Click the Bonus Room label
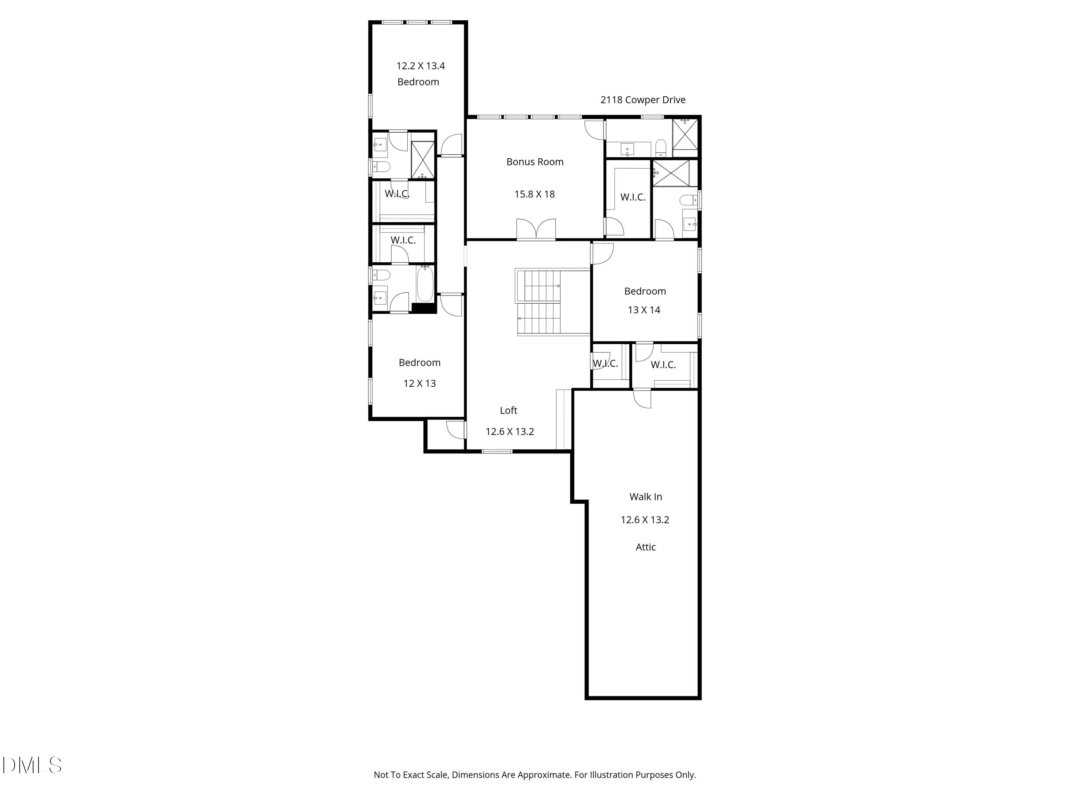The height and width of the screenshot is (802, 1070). click(535, 162)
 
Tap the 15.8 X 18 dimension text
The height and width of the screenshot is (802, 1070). click(535, 194)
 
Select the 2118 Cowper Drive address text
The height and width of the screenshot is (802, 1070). click(643, 100)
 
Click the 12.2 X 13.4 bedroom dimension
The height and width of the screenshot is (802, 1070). click(421, 66)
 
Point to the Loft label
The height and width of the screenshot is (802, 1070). click(508, 410)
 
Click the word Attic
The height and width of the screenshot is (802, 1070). click(645, 547)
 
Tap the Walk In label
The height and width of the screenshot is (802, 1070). click(645, 497)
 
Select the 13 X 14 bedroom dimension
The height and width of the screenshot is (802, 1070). click(644, 310)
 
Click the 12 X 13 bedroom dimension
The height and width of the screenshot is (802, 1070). click(419, 383)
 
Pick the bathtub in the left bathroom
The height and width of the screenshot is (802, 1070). click(425, 284)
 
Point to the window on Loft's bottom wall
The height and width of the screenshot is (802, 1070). click(497, 452)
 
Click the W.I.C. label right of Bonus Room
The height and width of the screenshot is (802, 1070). click(633, 197)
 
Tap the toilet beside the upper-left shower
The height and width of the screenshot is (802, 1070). click(382, 167)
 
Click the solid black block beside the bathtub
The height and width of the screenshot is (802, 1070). click(424, 308)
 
